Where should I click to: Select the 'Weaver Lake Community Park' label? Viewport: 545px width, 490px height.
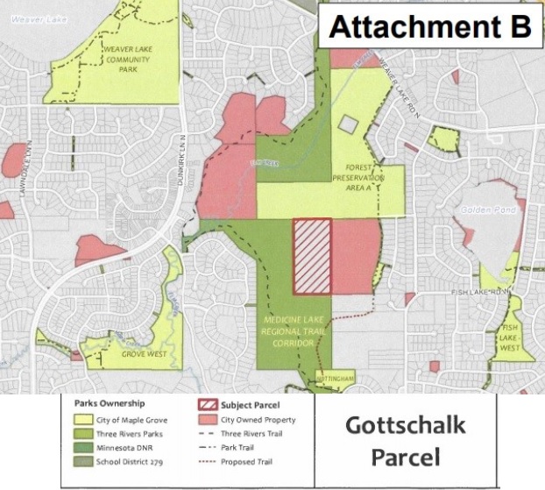121,60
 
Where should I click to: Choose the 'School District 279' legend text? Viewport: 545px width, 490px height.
137,462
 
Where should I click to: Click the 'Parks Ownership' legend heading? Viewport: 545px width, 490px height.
110,405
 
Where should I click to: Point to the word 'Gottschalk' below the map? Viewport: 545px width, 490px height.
405,426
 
